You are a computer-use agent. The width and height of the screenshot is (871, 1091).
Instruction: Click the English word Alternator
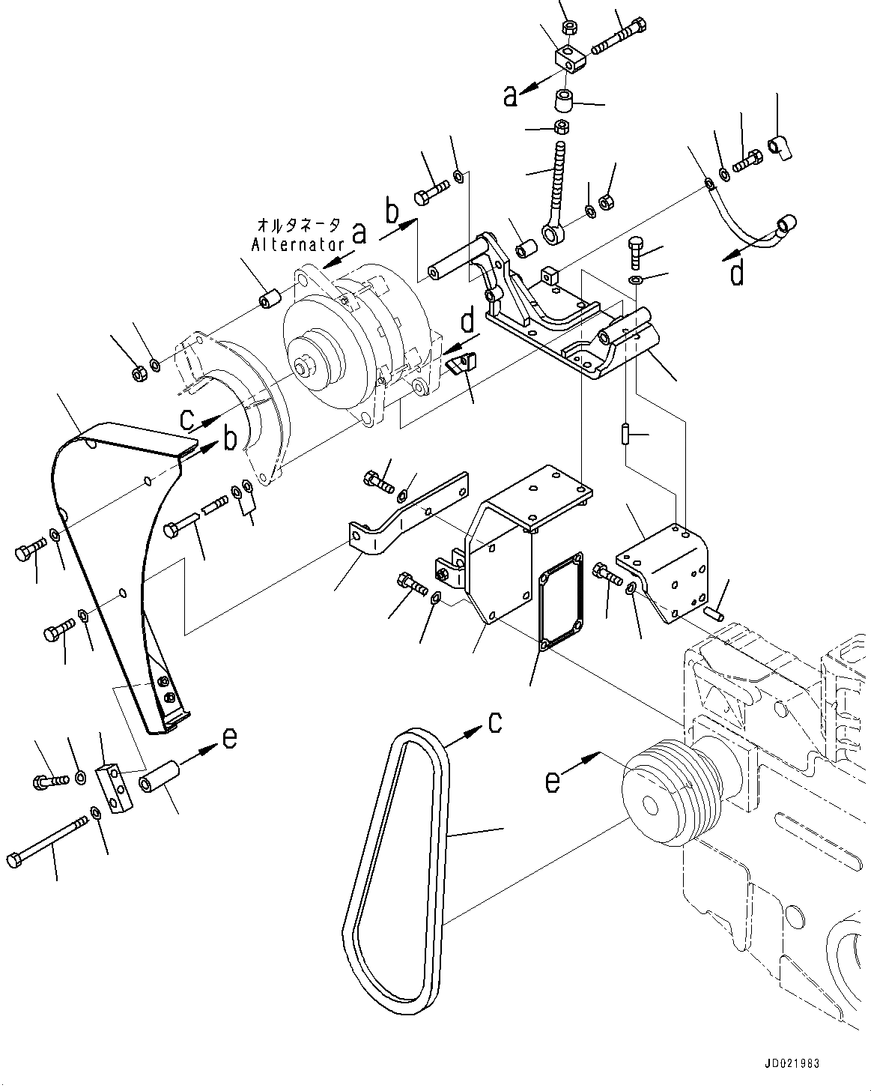(x=297, y=244)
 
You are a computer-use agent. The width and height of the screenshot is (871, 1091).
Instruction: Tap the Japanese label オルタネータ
(x=299, y=224)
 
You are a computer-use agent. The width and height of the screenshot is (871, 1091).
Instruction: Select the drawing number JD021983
(x=792, y=1063)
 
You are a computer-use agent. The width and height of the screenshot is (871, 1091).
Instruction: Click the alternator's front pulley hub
(x=303, y=368)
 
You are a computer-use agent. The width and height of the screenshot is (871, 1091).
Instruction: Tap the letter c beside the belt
(x=495, y=722)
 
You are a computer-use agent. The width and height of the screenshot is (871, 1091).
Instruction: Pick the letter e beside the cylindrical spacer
(x=229, y=738)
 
